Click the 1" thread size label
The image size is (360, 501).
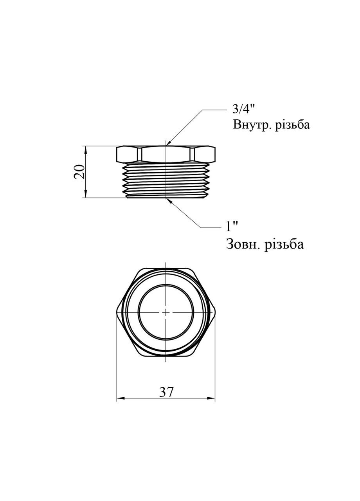tap(232, 227)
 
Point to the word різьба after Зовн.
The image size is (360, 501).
tap(284, 244)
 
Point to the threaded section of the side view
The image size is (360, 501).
tap(166, 180)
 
